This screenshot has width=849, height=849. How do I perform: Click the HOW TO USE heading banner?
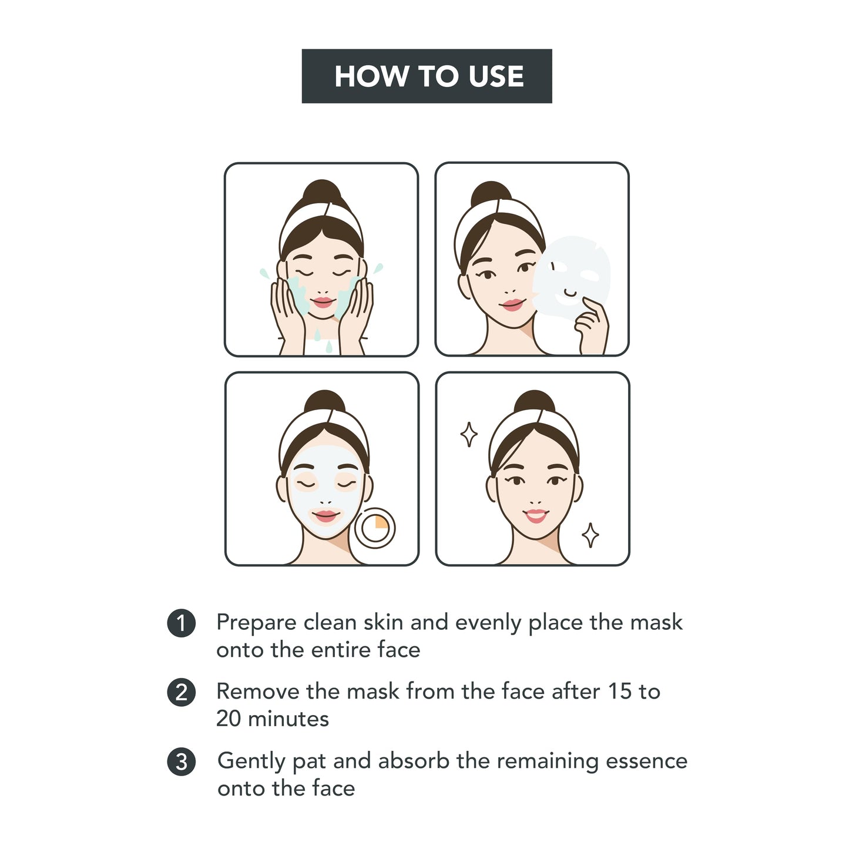(427, 76)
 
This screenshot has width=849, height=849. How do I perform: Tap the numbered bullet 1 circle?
(181, 623)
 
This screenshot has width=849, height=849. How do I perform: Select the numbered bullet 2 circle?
(181, 692)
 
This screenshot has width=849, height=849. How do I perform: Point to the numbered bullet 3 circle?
(181, 761)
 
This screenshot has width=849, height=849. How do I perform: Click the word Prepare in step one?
(256, 623)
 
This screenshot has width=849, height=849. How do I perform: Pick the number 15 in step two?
(619, 692)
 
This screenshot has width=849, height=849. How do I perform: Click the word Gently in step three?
(251, 761)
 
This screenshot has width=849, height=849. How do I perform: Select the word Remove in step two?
(257, 692)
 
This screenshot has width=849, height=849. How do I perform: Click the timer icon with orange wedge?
(375, 528)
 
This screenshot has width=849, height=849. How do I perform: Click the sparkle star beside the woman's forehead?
(468, 435)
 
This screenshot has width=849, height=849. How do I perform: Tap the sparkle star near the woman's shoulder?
(590, 535)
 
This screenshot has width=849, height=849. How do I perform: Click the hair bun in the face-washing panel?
(321, 192)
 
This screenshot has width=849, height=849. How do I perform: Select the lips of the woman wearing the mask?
(325, 516)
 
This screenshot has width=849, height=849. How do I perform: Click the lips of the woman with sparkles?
(535, 516)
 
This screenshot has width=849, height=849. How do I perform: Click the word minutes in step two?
(288, 719)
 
